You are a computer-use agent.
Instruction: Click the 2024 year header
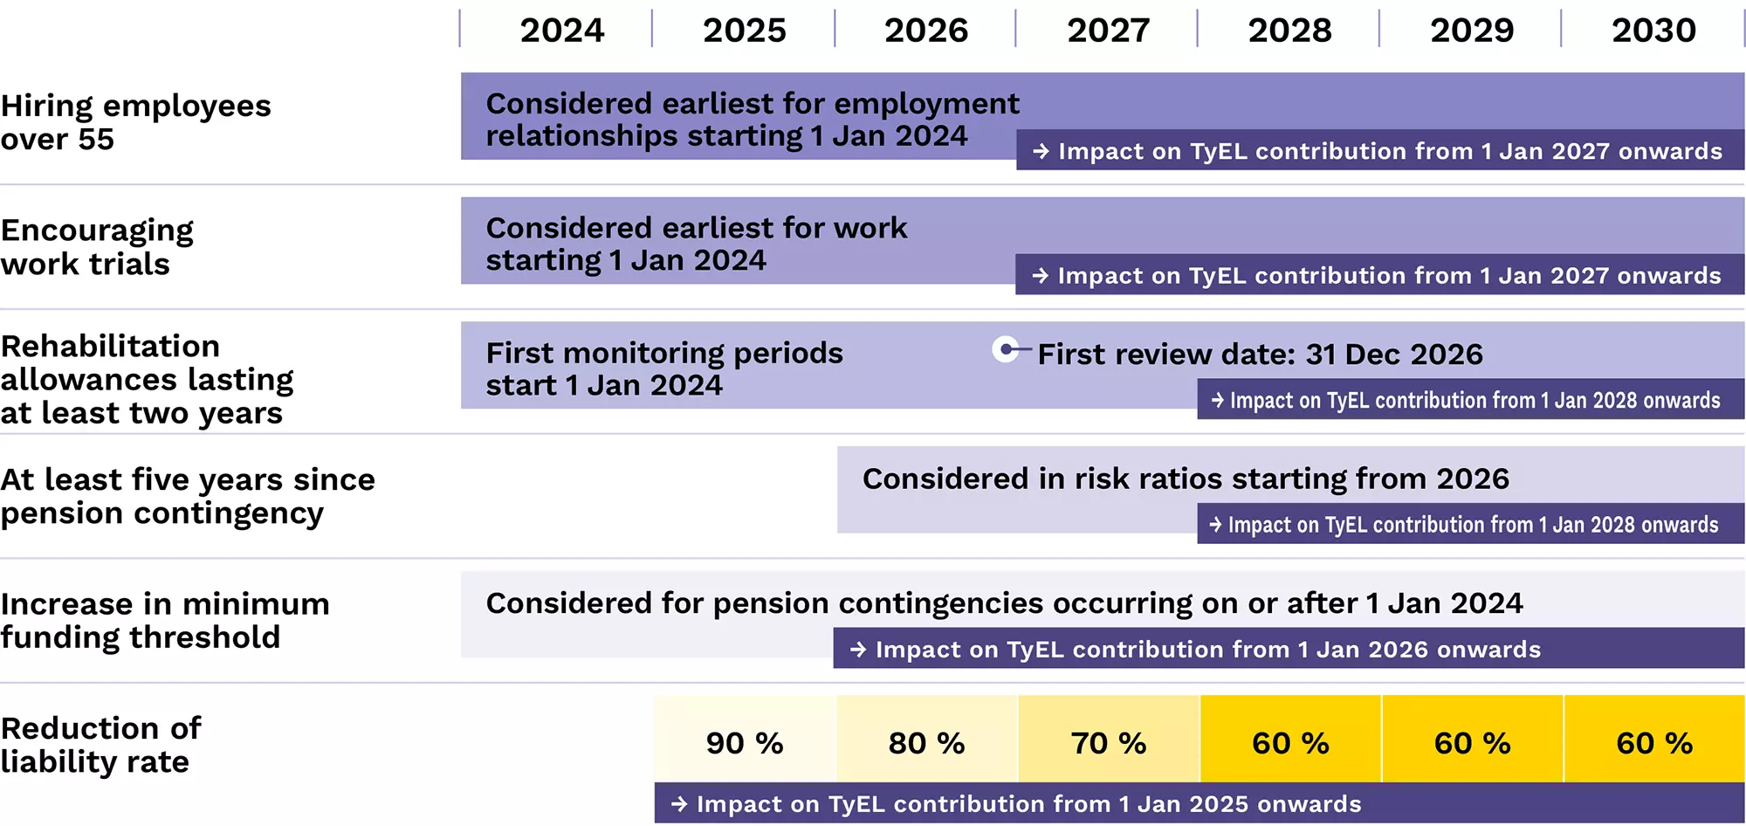561,31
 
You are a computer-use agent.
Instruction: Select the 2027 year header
1108,31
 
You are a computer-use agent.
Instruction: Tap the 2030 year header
1653,31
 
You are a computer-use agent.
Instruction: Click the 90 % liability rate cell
745,743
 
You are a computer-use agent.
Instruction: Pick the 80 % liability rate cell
926,743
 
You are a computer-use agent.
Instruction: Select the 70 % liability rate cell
1108,743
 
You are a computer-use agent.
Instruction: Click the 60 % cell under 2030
1653,743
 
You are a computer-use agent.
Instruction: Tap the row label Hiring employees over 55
135,122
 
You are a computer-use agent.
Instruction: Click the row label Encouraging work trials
96,247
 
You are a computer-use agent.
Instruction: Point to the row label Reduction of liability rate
100,745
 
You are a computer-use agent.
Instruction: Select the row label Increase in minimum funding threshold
164,621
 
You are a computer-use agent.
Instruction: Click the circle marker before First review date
1007,350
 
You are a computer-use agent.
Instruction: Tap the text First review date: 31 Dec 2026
1260,354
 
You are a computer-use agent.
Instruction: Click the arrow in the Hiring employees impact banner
1041,151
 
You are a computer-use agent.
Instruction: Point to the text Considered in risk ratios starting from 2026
1185,478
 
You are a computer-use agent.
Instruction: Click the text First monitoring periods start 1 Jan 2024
663,368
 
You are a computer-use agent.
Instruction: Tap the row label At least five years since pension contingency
187,496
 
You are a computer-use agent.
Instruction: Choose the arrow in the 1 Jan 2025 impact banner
679,804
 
